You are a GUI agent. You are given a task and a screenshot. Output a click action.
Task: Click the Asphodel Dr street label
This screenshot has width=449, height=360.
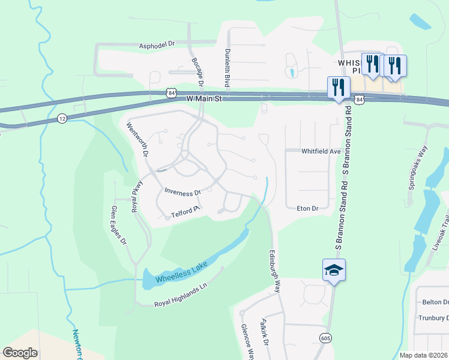[x=156, y=44]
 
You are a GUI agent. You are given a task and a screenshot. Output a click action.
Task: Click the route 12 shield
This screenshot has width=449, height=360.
[x=62, y=118]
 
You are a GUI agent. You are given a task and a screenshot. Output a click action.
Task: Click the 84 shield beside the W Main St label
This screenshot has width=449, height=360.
[x=172, y=93]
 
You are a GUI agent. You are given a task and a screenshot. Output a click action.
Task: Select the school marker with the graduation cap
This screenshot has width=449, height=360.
[x=334, y=270]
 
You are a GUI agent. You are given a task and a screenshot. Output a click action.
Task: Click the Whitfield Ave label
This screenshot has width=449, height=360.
[x=321, y=152]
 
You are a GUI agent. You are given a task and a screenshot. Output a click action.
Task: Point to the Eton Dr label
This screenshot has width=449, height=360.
[x=307, y=208]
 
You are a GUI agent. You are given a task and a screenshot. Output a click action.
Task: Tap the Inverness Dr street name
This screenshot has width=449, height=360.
[x=182, y=192]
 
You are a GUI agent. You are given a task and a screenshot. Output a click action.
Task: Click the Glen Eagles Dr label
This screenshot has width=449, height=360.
[x=118, y=226]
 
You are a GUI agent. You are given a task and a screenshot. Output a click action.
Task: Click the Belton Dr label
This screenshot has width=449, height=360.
[x=435, y=303]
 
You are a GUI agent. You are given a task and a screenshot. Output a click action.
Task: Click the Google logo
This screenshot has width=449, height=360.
[x=20, y=353]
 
